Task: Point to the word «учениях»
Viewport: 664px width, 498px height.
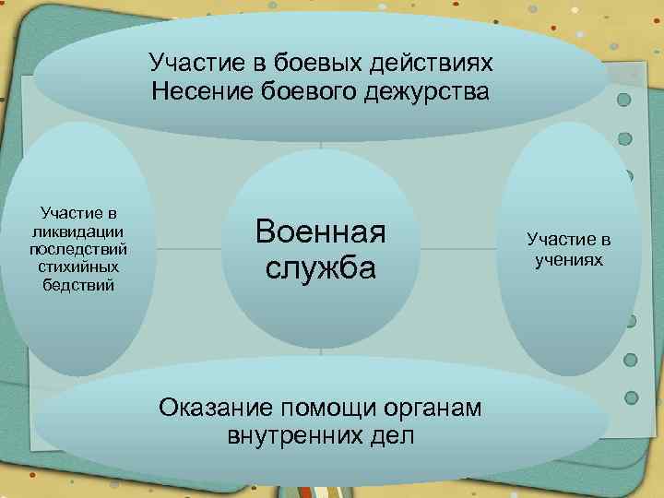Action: [x=569, y=259]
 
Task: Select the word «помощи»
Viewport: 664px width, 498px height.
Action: [x=316, y=407]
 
